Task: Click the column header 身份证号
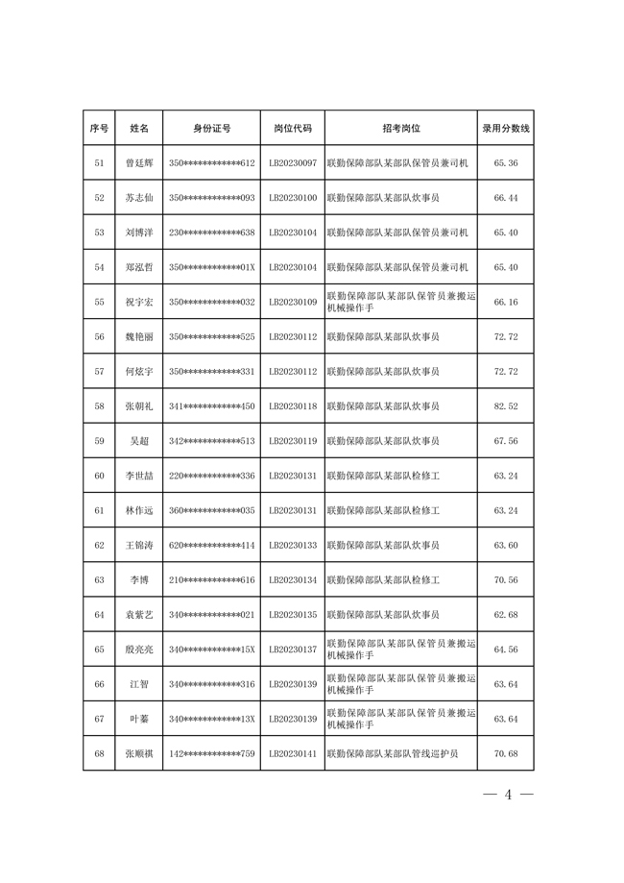211,128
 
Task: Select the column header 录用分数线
506,128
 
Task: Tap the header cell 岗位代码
293,128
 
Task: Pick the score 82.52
506,406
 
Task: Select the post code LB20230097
293,163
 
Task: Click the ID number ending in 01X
211,267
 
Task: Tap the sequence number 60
99,476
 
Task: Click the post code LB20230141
293,753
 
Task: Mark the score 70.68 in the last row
506,753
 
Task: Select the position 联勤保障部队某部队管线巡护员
393,753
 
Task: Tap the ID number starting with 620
211,545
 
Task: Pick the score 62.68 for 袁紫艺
506,615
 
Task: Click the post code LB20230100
293,198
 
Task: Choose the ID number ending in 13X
211,719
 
